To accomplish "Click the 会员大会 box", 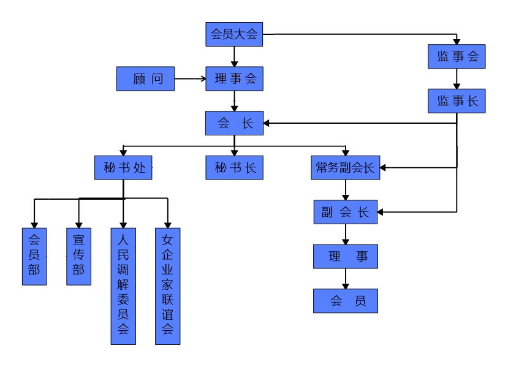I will [234, 34].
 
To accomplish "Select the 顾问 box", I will [146, 78].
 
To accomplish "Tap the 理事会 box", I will [234, 78].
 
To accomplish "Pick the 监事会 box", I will [457, 56].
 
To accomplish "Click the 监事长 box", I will [457, 101].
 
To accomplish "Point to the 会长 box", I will [234, 123].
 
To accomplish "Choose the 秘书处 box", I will [123, 167].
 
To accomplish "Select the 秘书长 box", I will [234, 167].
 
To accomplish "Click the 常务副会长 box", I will [345, 167].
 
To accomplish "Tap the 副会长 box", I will [345, 212].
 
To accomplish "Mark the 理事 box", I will [345, 256].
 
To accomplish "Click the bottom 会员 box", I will [345, 301].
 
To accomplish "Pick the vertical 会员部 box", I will [34, 256].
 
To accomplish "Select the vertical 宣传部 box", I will [78, 256].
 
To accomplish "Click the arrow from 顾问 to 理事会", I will [190, 78].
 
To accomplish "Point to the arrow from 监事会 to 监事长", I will [457, 78].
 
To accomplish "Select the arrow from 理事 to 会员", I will [346, 279].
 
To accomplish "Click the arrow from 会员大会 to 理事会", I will [234, 56].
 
